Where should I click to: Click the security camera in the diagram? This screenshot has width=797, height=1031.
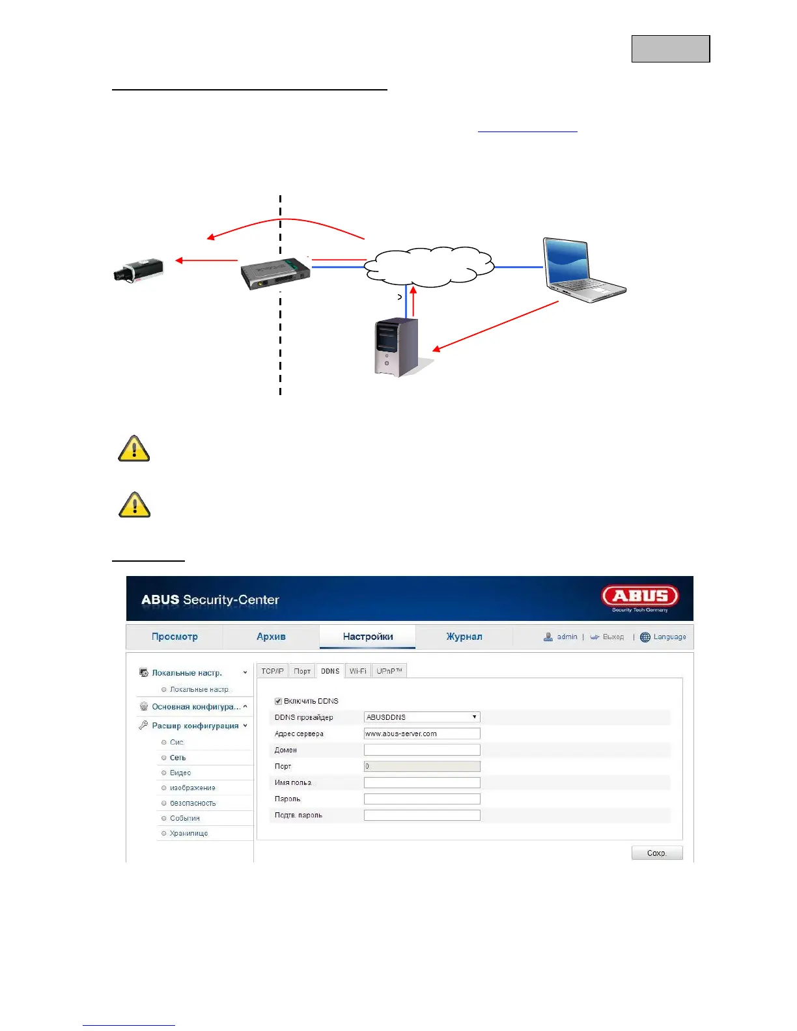tap(138, 270)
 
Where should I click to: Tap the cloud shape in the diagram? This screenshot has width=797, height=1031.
tap(428, 267)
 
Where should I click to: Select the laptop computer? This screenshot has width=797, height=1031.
tap(583, 270)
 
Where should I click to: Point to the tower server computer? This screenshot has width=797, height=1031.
tap(396, 348)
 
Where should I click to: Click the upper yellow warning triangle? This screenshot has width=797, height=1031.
tap(134, 449)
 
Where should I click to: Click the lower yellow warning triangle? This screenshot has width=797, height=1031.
tap(135, 505)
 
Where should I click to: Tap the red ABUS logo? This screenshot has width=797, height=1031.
tap(639, 596)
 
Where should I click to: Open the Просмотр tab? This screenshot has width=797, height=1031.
tap(175, 637)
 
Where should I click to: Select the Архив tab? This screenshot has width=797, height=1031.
tap(271, 637)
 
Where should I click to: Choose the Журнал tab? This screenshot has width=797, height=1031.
tap(464, 637)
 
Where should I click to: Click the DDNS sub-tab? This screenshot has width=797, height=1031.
tap(330, 671)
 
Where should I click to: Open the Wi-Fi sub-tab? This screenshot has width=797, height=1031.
tap(357, 671)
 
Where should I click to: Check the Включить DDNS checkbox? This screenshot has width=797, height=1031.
tap(279, 701)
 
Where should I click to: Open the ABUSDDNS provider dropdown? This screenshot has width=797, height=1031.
tap(422, 717)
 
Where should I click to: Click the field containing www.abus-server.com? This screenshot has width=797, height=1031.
tap(422, 734)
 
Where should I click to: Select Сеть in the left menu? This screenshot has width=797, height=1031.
tap(178, 758)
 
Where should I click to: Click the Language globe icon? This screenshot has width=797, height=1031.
tap(645, 637)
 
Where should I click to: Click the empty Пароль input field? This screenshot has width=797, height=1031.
tap(422, 799)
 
